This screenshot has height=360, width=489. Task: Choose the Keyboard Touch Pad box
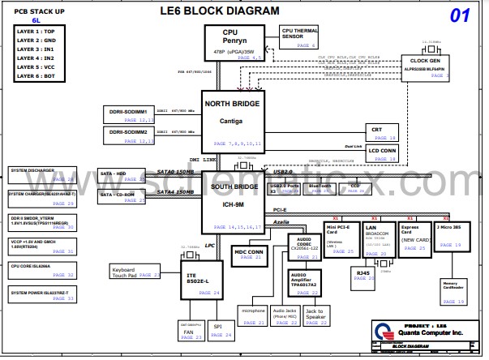pos(135,272)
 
